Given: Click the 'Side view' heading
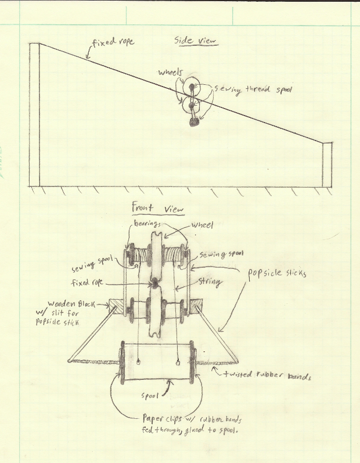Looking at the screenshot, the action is pyautogui.click(x=195, y=41).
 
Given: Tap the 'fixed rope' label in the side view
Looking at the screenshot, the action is pyautogui.click(x=113, y=42).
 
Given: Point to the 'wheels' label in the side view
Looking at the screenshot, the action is pyautogui.click(x=171, y=72).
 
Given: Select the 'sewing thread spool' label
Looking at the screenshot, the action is pyautogui.click(x=253, y=89).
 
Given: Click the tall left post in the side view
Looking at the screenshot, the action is pyautogui.click(x=34, y=115).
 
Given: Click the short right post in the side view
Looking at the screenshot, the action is pyautogui.click(x=327, y=165).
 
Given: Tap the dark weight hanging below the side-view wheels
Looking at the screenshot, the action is pyautogui.click(x=194, y=122).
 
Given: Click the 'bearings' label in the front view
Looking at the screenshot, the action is pyautogui.click(x=147, y=223).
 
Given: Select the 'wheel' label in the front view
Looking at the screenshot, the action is pyautogui.click(x=203, y=225).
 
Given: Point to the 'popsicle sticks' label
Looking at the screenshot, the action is pyautogui.click(x=277, y=274).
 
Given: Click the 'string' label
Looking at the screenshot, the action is pyautogui.click(x=209, y=281).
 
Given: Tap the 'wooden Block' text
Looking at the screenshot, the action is pyautogui.click(x=71, y=304).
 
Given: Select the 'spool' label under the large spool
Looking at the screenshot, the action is pyautogui.click(x=150, y=396).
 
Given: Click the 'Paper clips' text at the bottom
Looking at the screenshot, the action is pyautogui.click(x=162, y=418).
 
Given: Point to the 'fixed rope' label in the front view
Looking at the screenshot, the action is pyautogui.click(x=87, y=282).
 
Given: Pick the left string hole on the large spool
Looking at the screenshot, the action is pyautogui.click(x=138, y=362).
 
